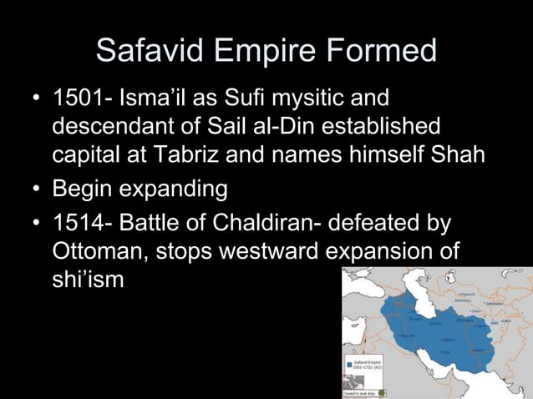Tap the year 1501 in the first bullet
pos(78,99)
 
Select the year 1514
pos(78,222)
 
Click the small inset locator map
pos(383,391)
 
